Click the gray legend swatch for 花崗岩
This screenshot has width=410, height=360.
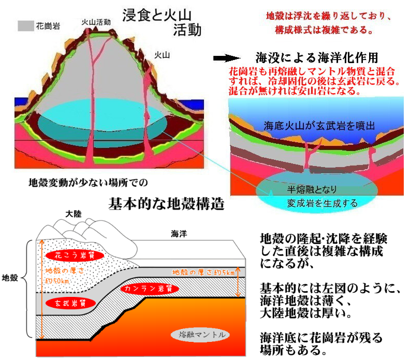(x=25, y=24)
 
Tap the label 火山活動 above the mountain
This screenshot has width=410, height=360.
(x=96, y=22)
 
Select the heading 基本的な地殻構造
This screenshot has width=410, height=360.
(x=166, y=204)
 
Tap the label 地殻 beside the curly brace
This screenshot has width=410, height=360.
(x=10, y=278)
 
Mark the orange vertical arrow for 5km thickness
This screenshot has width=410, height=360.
(x=238, y=282)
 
